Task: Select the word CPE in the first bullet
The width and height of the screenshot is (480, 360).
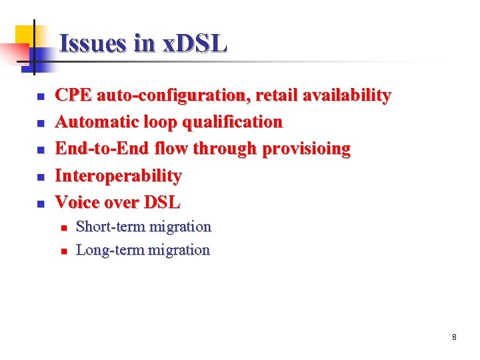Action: pyautogui.click(x=73, y=95)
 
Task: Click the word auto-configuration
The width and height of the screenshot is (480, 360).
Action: pyautogui.click(x=171, y=95)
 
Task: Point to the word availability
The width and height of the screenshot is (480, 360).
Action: pyautogui.click(x=346, y=95)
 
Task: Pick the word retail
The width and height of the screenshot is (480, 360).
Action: pyautogui.click(x=274, y=95)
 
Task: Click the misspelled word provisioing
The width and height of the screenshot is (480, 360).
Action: pyautogui.click(x=306, y=149)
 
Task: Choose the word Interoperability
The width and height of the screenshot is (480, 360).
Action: pyautogui.click(x=118, y=176)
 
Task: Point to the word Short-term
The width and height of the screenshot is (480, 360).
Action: pyautogui.click(x=110, y=227)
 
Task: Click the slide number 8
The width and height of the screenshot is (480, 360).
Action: pyautogui.click(x=454, y=337)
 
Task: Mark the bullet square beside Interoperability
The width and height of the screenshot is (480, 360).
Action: pyautogui.click(x=39, y=177)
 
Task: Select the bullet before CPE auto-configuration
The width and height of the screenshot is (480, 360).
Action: pyautogui.click(x=39, y=97)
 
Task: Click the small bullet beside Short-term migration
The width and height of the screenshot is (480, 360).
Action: pyautogui.click(x=63, y=228)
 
